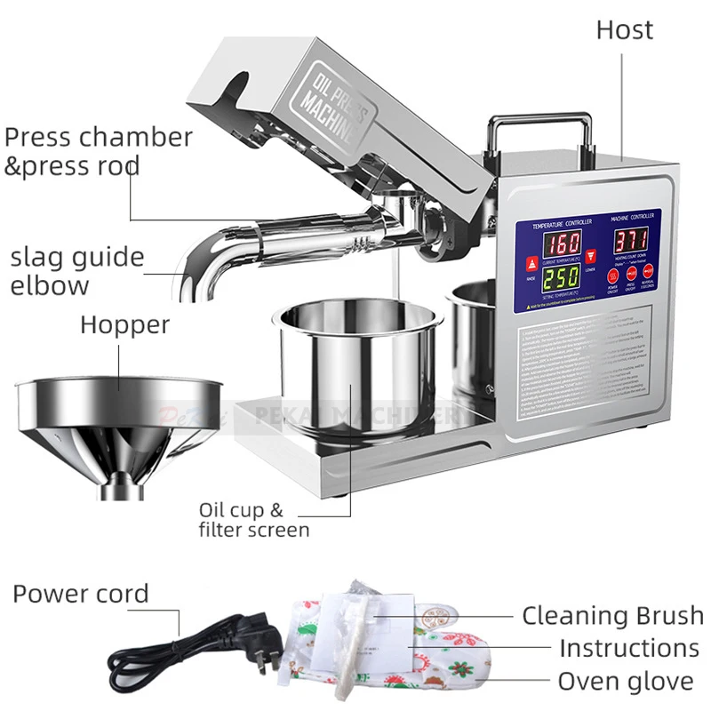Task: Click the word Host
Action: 624,30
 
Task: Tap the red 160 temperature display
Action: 563,243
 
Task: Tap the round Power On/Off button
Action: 614,276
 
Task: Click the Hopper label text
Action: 124,324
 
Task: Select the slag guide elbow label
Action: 76,271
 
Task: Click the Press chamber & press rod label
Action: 98,151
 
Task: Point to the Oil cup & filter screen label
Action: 253,520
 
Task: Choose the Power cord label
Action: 81,594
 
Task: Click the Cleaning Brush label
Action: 612,615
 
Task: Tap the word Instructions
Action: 628,648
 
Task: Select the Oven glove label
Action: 625,682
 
